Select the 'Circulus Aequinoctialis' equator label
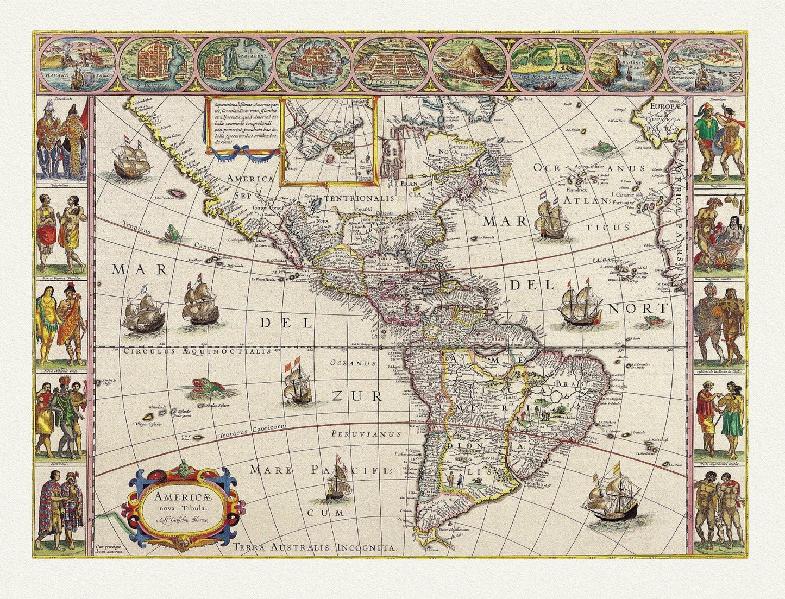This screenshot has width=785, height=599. pos(196,351)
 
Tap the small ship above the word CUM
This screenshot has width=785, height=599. pos(335,481)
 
